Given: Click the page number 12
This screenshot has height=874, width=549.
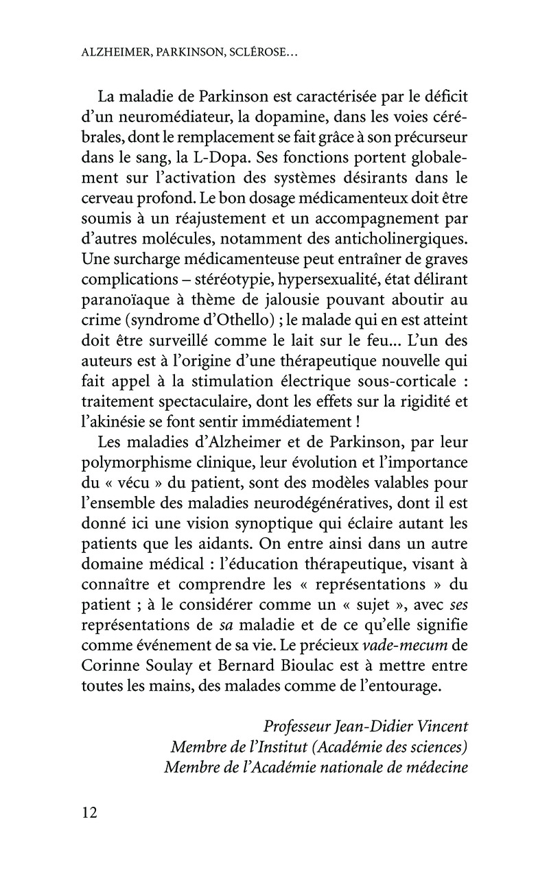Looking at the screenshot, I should (90, 813).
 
